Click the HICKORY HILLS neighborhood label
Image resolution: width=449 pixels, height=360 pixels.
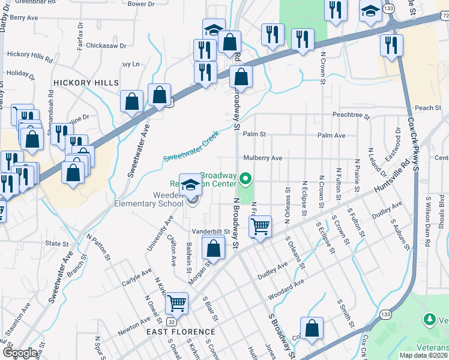[x=86, y=82]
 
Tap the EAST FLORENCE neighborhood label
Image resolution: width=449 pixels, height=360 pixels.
[x=181, y=331]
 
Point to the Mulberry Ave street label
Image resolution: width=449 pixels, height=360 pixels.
[x=262, y=158]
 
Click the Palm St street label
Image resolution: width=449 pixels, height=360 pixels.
[x=254, y=135]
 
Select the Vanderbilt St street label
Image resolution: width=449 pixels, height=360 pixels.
[x=211, y=231]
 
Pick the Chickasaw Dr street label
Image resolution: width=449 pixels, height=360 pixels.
[x=106, y=45]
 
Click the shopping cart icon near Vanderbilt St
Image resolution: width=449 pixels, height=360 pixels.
[x=260, y=227]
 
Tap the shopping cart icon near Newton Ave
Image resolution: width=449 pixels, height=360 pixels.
[x=176, y=303]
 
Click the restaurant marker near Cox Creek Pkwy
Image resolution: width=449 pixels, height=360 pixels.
[x=391, y=45]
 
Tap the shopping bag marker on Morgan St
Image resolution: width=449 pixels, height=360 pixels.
[x=214, y=247]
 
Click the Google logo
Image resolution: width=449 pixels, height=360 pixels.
[x=20, y=352]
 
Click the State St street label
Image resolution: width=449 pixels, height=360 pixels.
[x=58, y=244]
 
